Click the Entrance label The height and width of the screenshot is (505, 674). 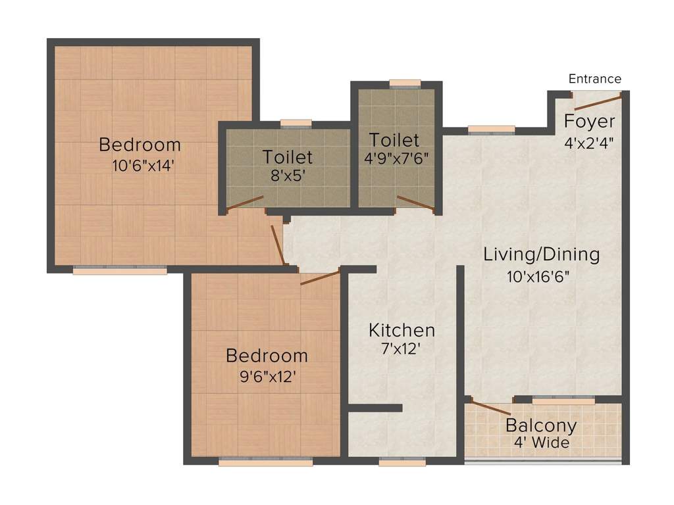(594, 79)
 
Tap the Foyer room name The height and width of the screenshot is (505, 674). (589, 122)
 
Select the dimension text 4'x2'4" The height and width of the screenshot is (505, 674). (589, 143)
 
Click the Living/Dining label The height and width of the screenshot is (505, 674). (542, 254)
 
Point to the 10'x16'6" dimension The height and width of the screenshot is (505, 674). (538, 276)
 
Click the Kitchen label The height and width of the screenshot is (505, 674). (402, 330)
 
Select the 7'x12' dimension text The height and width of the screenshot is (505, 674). (401, 349)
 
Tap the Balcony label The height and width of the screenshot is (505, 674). (541, 425)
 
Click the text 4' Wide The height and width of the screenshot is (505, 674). (542, 443)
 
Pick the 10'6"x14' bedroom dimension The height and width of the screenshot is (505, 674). (143, 165)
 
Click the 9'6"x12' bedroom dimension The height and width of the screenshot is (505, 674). (268, 377)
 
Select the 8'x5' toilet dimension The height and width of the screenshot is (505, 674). (288, 176)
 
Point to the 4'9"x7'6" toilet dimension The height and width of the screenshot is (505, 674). (396, 158)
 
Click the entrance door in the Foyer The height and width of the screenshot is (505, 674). (598, 103)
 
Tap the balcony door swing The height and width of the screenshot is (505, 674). (491, 407)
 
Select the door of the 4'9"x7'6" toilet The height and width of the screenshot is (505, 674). (416, 204)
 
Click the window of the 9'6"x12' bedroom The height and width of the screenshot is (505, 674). (266, 462)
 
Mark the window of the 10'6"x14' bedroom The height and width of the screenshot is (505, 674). (120, 270)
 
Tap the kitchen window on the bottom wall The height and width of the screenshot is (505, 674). (402, 462)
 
